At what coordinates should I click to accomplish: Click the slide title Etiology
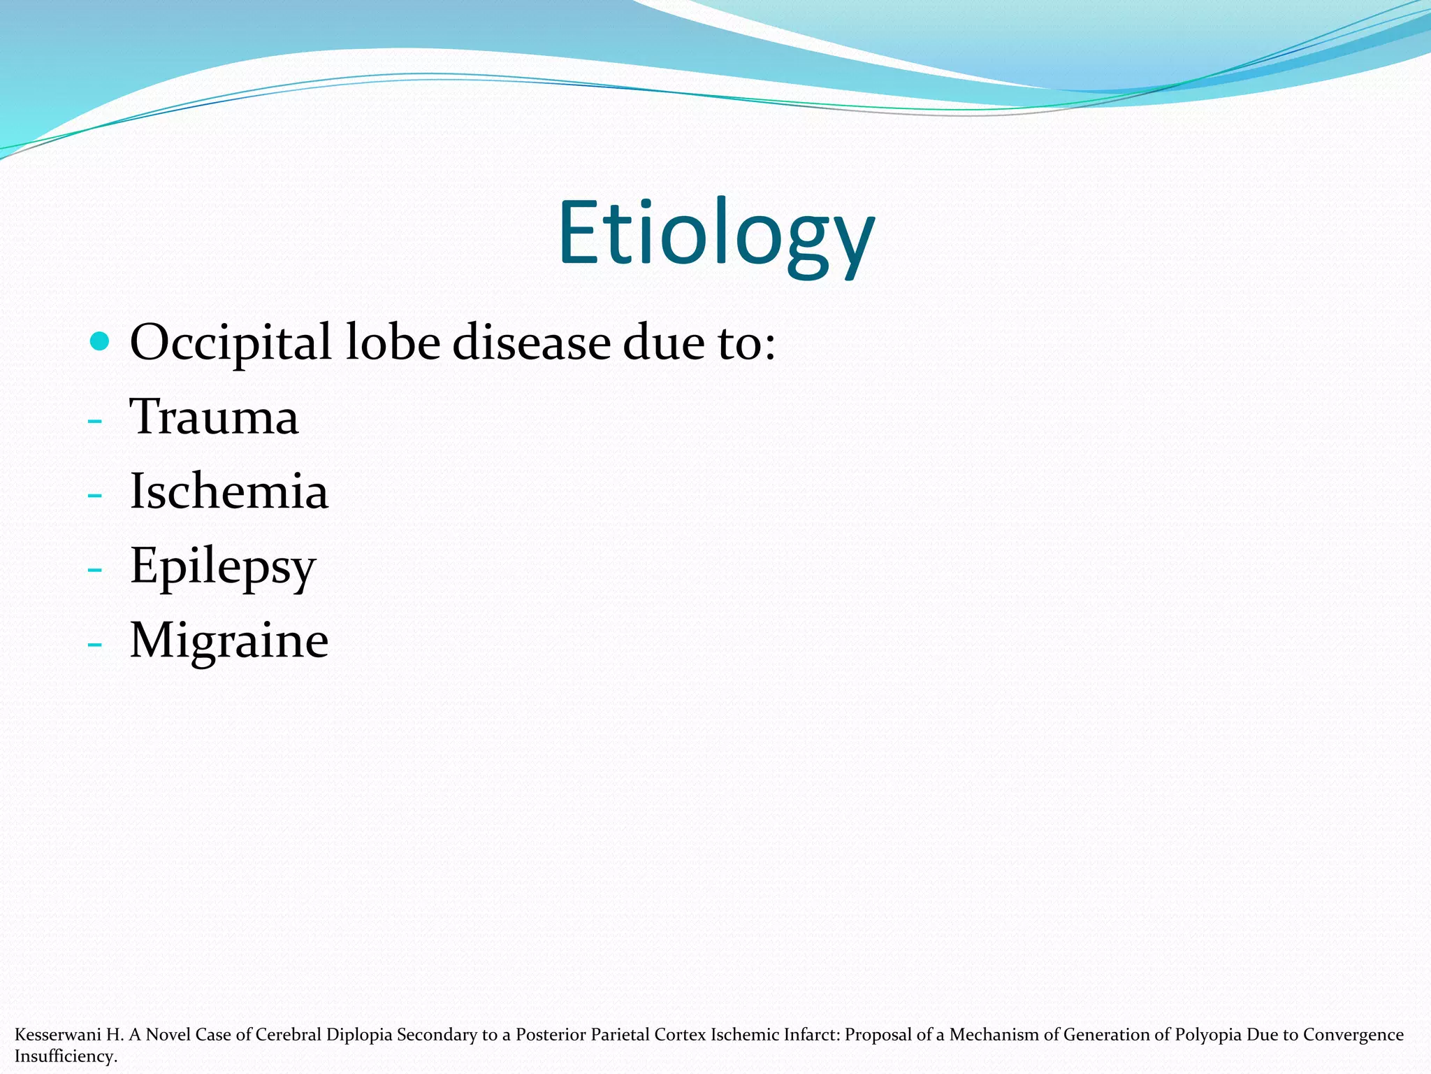click(x=715, y=233)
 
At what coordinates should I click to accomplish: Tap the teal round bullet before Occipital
click(x=100, y=341)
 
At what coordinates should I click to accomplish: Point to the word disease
click(x=531, y=343)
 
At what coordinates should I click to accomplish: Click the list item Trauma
click(x=215, y=417)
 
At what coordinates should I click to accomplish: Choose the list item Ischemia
click(x=229, y=491)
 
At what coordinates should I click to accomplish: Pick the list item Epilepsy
click(x=223, y=566)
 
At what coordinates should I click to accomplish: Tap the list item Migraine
click(x=229, y=640)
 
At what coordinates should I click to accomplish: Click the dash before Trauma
click(x=95, y=421)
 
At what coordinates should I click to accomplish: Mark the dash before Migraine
click(x=95, y=645)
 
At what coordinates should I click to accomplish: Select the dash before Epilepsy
click(x=95, y=570)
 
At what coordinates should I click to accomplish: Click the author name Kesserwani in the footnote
click(x=58, y=1034)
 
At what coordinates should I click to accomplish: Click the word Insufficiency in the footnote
click(x=66, y=1056)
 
